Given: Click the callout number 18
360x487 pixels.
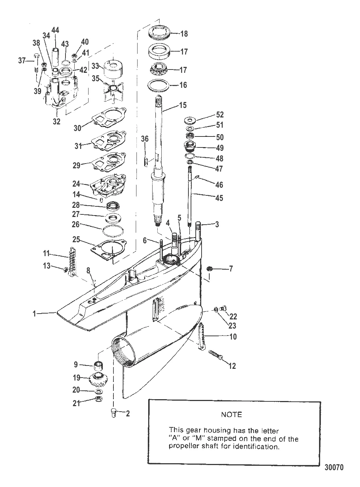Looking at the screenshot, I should pyautogui.click(x=184, y=34).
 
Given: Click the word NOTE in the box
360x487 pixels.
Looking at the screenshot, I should pyautogui.click(x=231, y=415).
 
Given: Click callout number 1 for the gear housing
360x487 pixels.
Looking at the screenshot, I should pyautogui.click(x=35, y=313).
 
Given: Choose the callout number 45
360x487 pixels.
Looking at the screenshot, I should pyautogui.click(x=219, y=198).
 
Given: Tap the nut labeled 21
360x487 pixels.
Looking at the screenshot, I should pyautogui.click(x=98, y=398).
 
